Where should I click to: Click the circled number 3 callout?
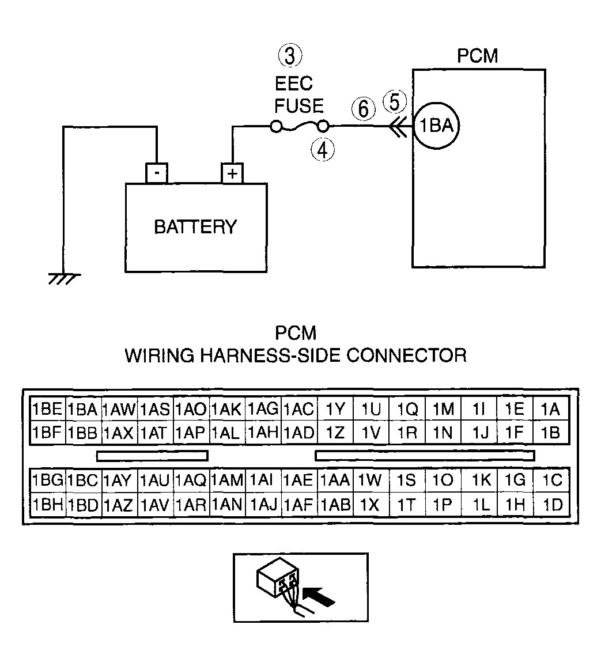pyautogui.click(x=290, y=56)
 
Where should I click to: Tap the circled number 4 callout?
pyautogui.click(x=323, y=150)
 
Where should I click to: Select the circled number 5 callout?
pyautogui.click(x=395, y=102)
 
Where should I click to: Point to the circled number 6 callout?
pyautogui.click(x=364, y=108)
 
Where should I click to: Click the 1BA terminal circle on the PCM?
pyautogui.click(x=437, y=126)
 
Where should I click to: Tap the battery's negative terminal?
pyautogui.click(x=157, y=173)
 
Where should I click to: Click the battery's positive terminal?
pyautogui.click(x=232, y=173)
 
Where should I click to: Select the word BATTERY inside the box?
pyautogui.click(x=195, y=227)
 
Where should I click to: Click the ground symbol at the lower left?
pyautogui.click(x=64, y=279)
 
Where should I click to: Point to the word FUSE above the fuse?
pyautogui.click(x=299, y=106)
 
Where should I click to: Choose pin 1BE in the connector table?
pyautogui.click(x=47, y=409)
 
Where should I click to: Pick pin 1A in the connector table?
pyautogui.click(x=550, y=409)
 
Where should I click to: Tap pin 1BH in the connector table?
pyautogui.click(x=48, y=505)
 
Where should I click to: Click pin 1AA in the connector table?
pyautogui.click(x=335, y=480)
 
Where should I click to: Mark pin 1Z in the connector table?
pyautogui.click(x=335, y=433)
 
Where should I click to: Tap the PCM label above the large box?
pyautogui.click(x=478, y=56)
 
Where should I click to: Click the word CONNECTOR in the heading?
pyautogui.click(x=406, y=355)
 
